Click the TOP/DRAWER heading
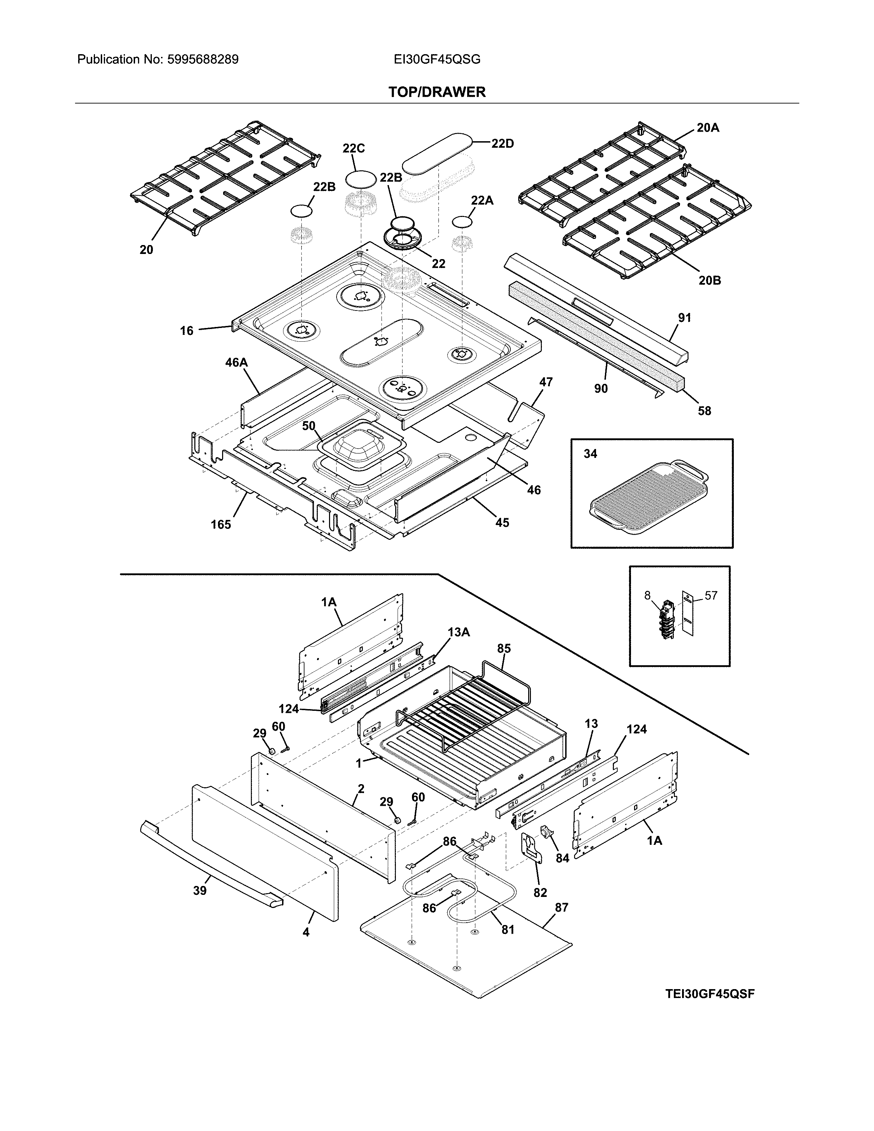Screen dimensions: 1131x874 [437, 92]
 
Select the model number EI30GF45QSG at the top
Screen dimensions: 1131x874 [437, 60]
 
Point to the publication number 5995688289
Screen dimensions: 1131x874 [203, 60]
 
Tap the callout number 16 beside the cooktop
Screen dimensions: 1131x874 [186, 330]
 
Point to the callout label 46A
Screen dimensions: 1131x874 [236, 363]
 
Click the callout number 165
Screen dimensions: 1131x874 [221, 525]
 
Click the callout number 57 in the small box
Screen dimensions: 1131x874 [711, 596]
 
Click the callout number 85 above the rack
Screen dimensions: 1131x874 [504, 648]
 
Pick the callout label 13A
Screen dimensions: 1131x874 [459, 632]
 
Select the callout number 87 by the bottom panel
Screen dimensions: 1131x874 [561, 907]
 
